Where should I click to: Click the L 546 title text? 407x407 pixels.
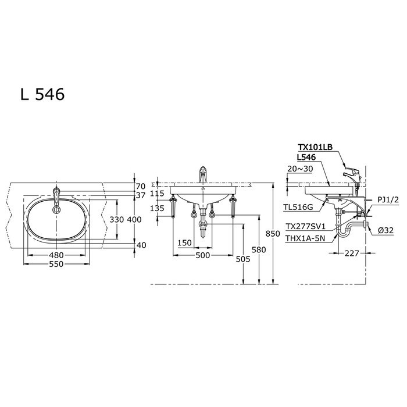coord(42,94)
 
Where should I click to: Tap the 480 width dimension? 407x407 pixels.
coord(56,255)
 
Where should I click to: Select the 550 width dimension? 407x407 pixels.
coord(56,264)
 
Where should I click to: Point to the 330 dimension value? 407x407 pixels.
coord(116,220)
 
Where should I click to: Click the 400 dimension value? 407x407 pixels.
coord(134,220)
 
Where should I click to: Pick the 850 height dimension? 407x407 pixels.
coord(273,234)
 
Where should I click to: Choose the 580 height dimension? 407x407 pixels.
coord(259,249)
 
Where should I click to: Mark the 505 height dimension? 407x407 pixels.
coord(243,259)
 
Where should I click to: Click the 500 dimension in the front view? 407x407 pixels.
coord(203,255)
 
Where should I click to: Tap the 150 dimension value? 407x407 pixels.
coord(184,243)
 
